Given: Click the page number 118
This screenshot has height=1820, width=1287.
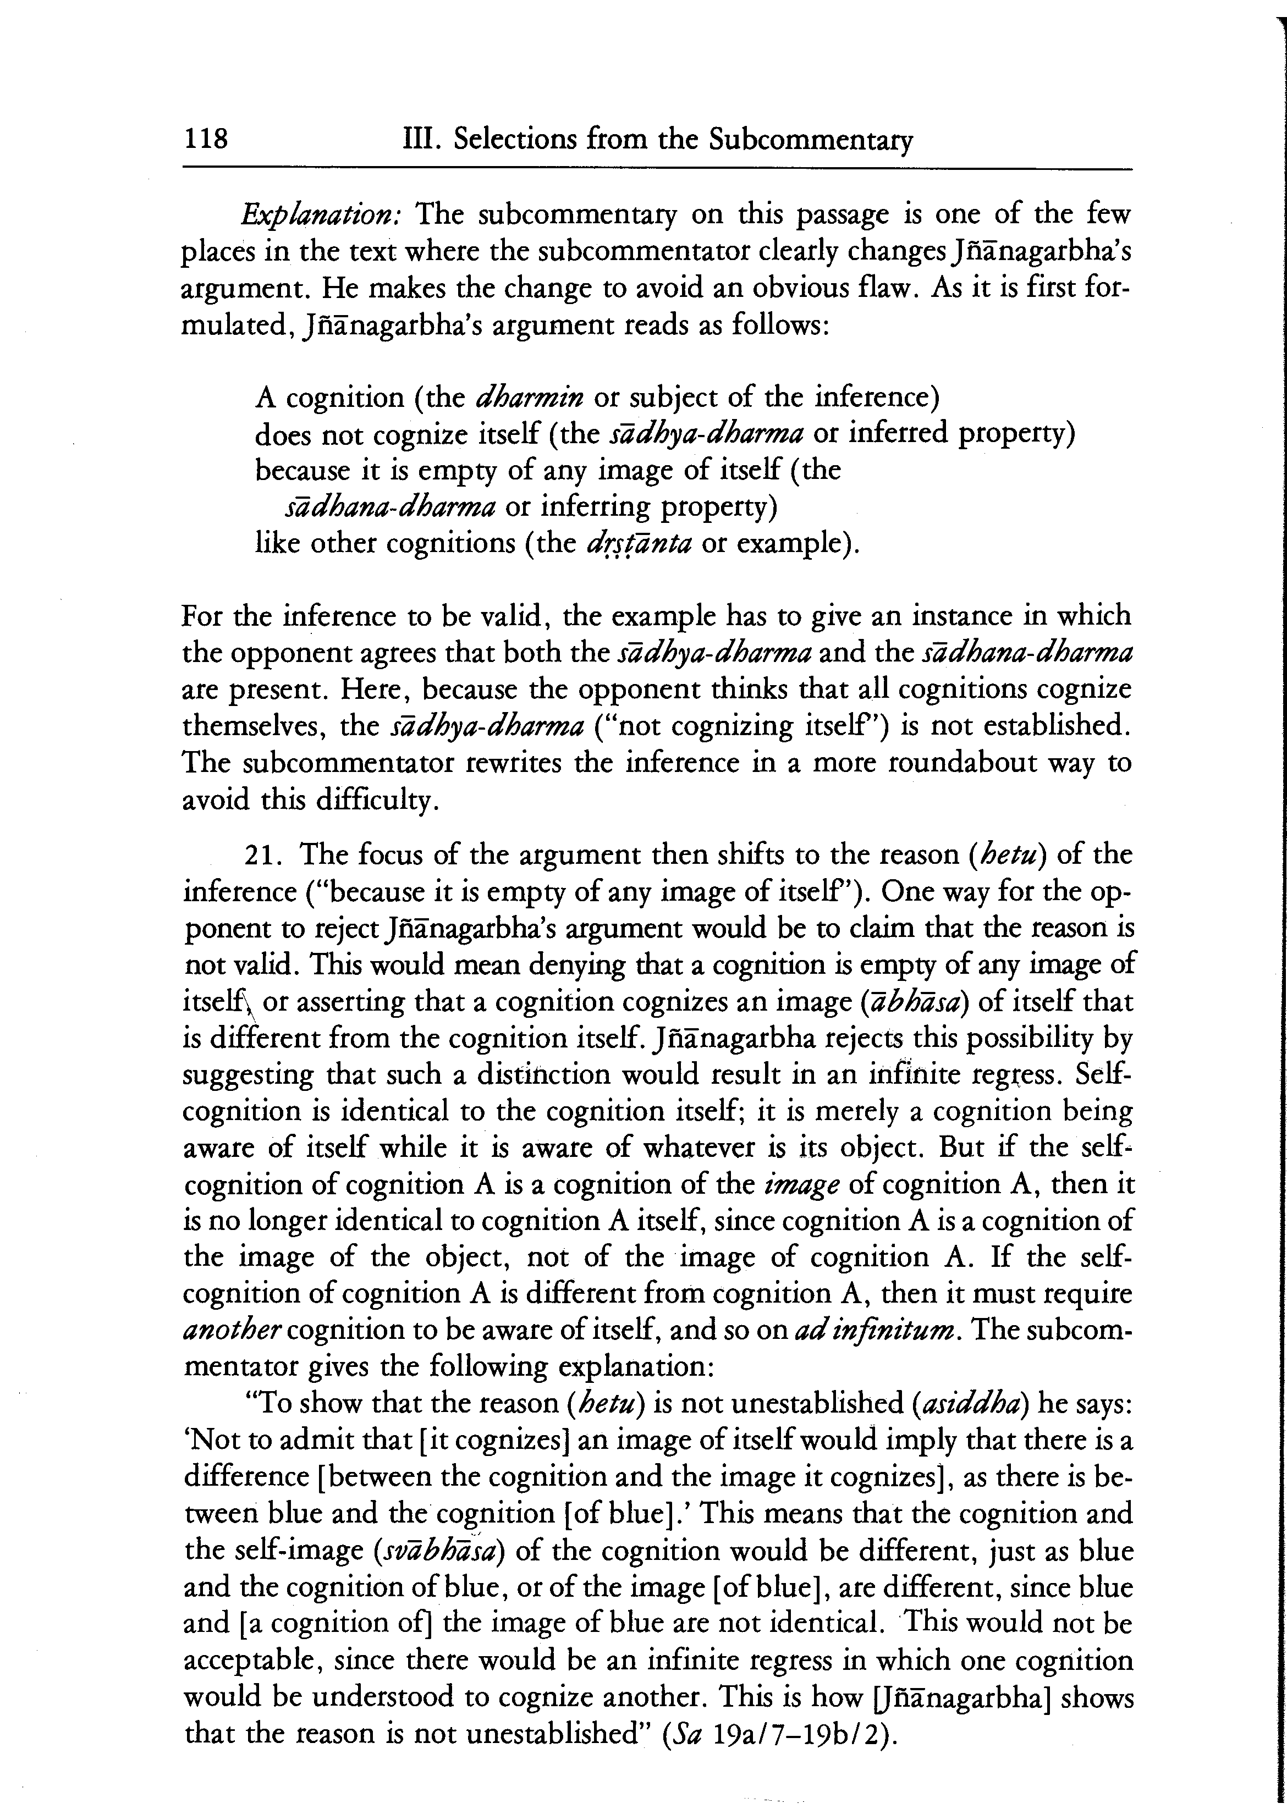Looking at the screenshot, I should coord(205,140).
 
